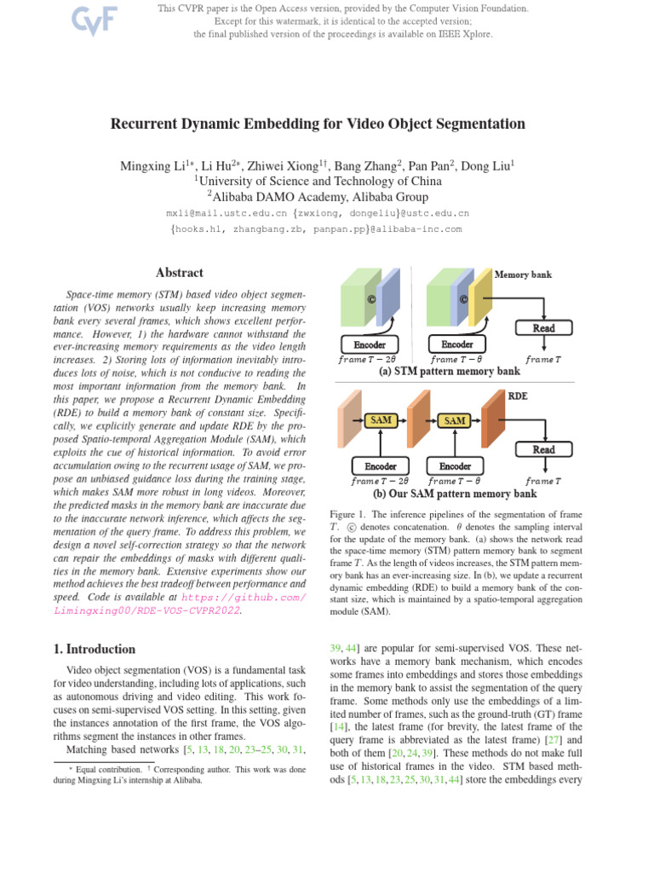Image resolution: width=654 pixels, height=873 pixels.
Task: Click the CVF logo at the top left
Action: [x=94, y=20]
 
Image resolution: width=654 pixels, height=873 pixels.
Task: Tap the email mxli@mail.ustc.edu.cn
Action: [x=227, y=213]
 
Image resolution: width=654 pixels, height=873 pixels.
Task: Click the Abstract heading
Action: [x=179, y=273]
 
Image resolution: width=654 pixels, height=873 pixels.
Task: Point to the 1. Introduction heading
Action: [x=94, y=649]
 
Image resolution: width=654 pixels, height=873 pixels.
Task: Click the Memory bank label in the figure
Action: [x=523, y=275]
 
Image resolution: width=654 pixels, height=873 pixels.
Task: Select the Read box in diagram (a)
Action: [x=543, y=328]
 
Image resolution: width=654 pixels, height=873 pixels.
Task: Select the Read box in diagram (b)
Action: [x=543, y=449]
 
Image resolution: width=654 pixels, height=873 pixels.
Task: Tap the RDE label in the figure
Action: [x=518, y=396]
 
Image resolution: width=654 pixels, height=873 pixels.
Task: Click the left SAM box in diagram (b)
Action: [x=380, y=420]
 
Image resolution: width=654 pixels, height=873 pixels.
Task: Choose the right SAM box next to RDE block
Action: [x=456, y=420]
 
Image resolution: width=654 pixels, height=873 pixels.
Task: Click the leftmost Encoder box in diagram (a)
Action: [x=369, y=344]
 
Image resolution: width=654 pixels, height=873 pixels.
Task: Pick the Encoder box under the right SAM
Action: [x=456, y=466]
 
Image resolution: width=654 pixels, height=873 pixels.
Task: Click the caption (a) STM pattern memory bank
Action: [x=449, y=372]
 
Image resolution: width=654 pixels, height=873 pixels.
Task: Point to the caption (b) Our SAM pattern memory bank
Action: [x=455, y=494]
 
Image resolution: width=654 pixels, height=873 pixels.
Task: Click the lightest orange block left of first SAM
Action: [x=348, y=420]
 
